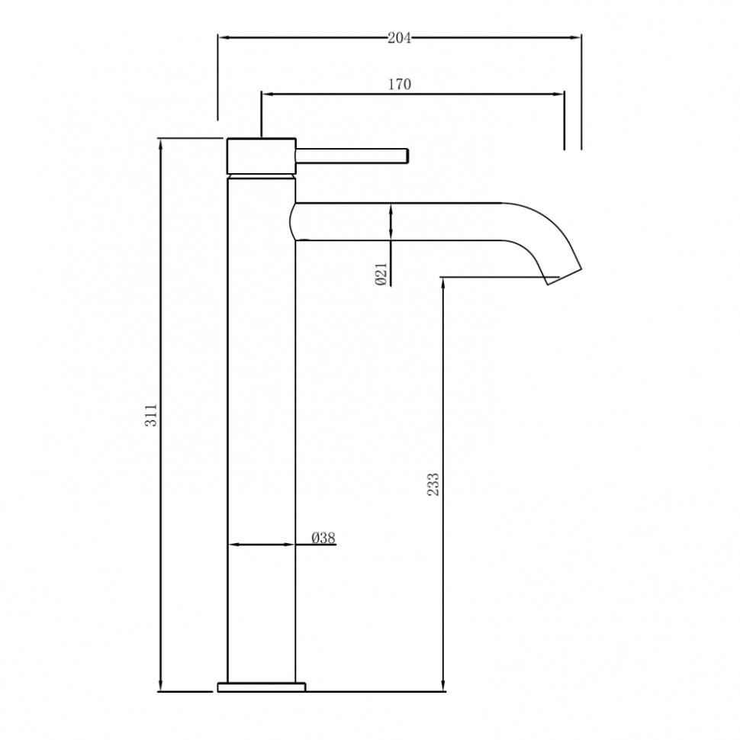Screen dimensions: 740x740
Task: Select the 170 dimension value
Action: point(399,84)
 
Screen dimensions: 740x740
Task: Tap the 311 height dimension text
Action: point(151,414)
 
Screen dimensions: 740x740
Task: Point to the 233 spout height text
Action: point(433,485)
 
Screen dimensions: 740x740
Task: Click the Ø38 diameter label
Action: point(323,538)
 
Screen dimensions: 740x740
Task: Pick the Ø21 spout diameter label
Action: point(381,272)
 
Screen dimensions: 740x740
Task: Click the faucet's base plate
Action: point(261,687)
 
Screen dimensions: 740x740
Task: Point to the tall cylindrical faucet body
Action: point(262,427)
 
